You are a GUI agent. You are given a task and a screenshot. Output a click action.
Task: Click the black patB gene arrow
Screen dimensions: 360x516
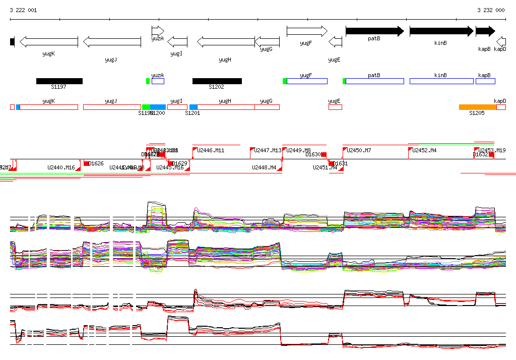[x=374, y=31]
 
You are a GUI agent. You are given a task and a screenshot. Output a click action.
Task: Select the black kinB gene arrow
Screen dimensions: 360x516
[x=441, y=31]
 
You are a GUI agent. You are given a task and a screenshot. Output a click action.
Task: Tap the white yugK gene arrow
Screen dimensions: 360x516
[x=48, y=42]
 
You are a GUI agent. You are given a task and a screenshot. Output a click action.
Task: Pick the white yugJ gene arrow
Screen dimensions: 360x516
[x=111, y=42]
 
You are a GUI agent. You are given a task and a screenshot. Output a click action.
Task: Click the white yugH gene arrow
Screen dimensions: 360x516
[x=225, y=42]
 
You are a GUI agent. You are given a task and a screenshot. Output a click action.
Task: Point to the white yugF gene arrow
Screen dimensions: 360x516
[x=307, y=31]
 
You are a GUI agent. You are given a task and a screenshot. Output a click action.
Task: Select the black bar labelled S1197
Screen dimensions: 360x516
[x=59, y=81]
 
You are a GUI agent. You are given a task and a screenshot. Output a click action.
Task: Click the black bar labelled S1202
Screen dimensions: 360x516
[x=217, y=81]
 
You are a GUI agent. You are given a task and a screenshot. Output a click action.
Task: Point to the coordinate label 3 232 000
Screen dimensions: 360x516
[x=491, y=10]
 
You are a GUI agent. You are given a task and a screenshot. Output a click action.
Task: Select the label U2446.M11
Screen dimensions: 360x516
[x=211, y=150]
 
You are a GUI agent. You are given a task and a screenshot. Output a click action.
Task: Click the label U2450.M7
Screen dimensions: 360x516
[x=359, y=150]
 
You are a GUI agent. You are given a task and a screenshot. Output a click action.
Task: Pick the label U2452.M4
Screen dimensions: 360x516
[x=424, y=150]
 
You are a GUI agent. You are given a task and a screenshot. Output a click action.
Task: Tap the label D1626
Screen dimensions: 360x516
[x=96, y=163]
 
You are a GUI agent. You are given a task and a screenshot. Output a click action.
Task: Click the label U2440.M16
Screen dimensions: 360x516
[x=61, y=167]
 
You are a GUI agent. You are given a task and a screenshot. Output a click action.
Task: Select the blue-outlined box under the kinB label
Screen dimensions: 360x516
[x=441, y=81]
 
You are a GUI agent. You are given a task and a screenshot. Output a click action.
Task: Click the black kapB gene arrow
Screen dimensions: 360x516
[x=485, y=31]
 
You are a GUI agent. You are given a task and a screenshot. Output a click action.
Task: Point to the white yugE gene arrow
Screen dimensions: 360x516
[x=335, y=42]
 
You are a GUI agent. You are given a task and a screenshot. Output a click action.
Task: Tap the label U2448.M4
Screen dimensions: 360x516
[x=264, y=167]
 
